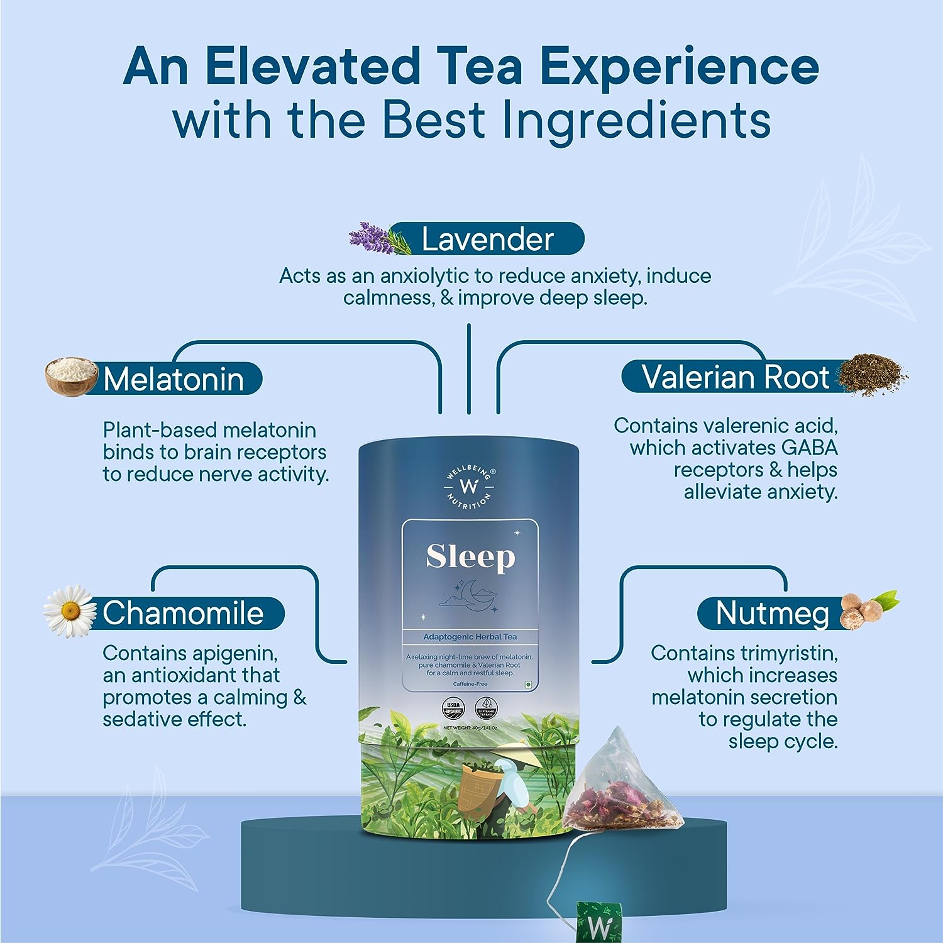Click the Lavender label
click(x=487, y=240)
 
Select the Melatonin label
click(x=174, y=379)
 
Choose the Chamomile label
click(x=183, y=613)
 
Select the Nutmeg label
click(x=772, y=613)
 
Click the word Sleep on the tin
click(x=470, y=557)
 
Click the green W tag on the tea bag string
click(x=599, y=922)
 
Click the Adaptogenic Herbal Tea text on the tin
click(x=470, y=637)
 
